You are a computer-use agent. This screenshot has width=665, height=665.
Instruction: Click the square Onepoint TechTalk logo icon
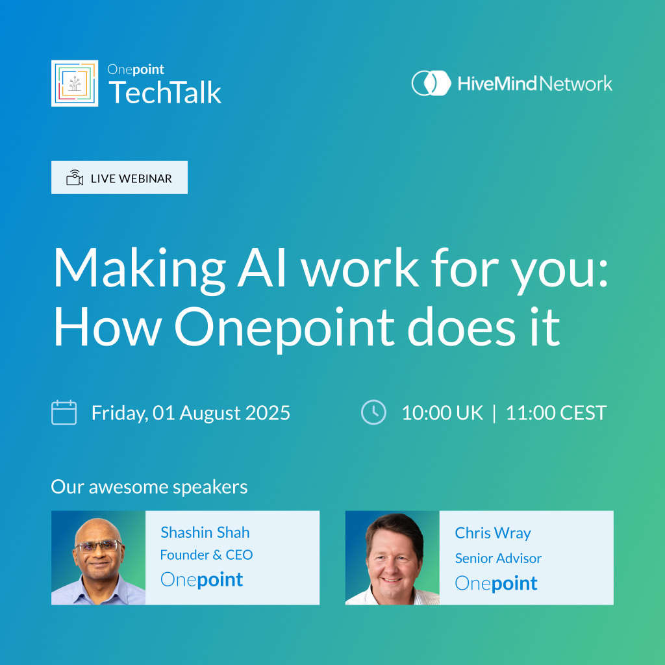pos(75,83)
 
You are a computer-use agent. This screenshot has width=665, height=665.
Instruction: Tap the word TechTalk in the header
pos(165,92)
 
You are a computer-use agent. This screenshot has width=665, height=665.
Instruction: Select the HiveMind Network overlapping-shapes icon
pos(431,83)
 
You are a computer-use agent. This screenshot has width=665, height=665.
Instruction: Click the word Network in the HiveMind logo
pos(576,84)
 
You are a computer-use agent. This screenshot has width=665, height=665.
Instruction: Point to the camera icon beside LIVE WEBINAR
pos(75,178)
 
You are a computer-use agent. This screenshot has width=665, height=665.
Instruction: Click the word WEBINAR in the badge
pos(145,179)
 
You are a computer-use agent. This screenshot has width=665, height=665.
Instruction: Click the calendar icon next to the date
pos(64,412)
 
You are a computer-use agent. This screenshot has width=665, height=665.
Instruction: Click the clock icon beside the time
pos(373,412)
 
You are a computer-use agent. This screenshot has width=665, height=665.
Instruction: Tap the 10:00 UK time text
pos(442,412)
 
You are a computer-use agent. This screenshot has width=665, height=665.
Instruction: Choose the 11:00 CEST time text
pos(557,412)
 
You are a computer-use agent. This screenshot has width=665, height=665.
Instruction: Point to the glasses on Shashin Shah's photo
pos(98,546)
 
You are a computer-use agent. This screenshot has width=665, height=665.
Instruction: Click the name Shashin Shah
pos(205,533)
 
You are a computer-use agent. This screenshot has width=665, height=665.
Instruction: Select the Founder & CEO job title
pos(207,555)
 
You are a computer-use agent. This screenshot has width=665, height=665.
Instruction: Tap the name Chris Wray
pos(493,533)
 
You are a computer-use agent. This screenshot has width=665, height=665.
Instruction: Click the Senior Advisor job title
pos(498,558)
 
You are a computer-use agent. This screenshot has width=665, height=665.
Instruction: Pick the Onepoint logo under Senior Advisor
pos(496,584)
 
